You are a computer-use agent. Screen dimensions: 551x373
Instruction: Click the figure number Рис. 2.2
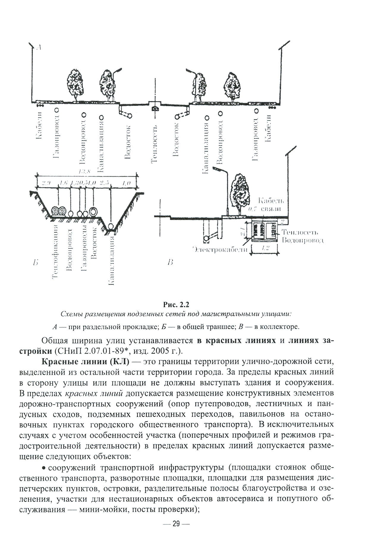point(176,304)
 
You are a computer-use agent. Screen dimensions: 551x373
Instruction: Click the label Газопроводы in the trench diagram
point(84,250)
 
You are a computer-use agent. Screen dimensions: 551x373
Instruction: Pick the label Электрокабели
point(220,249)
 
